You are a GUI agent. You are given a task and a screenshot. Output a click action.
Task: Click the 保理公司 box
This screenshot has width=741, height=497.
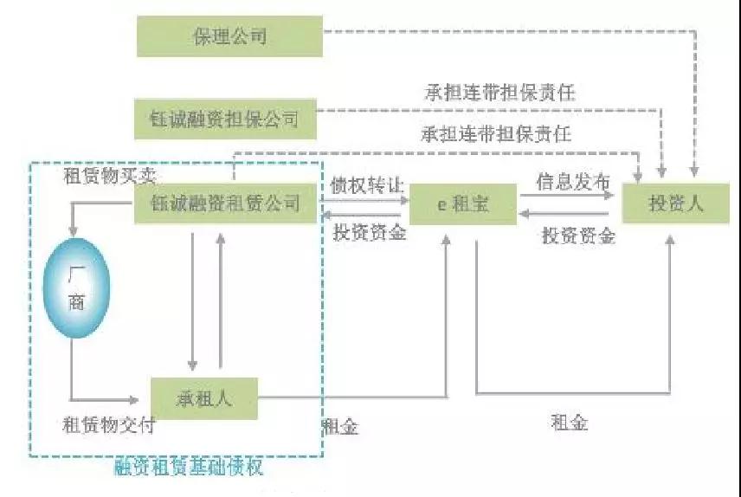coord(229,37)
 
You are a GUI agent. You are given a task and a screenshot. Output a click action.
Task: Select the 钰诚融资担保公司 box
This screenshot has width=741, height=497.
coord(225,119)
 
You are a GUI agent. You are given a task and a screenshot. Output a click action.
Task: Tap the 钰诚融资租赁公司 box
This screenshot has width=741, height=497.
coord(225,203)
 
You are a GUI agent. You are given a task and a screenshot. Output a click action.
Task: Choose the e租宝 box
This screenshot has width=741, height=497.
coord(462,204)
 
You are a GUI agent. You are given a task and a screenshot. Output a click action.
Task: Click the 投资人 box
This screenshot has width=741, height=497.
coord(676,204)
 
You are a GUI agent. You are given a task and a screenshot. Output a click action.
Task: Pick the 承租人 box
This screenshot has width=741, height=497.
coord(204,399)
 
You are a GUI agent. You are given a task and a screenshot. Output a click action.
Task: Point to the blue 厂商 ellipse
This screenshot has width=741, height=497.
coord(76,288)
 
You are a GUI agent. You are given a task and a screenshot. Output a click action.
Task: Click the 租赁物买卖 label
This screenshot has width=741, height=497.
coord(110,174)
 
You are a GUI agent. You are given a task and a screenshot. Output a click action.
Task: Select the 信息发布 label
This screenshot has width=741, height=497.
coord(573,182)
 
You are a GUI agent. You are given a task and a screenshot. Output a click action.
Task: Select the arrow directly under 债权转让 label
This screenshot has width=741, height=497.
coord(364,201)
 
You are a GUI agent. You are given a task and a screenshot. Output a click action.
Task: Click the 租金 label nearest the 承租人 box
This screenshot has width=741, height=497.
coord(339,427)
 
